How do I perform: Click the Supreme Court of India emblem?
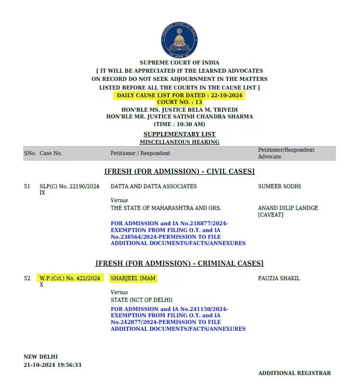(179, 39)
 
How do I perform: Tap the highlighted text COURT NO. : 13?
(179, 102)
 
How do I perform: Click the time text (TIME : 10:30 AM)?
(179, 124)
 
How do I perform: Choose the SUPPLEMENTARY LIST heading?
(179, 134)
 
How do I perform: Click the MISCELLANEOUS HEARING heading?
(179, 142)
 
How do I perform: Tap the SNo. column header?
(30, 153)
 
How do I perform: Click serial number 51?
(27, 186)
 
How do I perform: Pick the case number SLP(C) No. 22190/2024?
(69, 186)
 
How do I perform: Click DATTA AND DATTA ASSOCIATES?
(153, 186)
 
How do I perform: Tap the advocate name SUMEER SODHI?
(280, 186)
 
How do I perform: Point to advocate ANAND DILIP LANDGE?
(288, 208)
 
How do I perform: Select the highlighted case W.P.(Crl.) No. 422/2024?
(70, 278)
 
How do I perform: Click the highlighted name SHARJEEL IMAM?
(133, 278)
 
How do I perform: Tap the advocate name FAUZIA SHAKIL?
(279, 278)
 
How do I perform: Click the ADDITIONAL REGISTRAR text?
(294, 373)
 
